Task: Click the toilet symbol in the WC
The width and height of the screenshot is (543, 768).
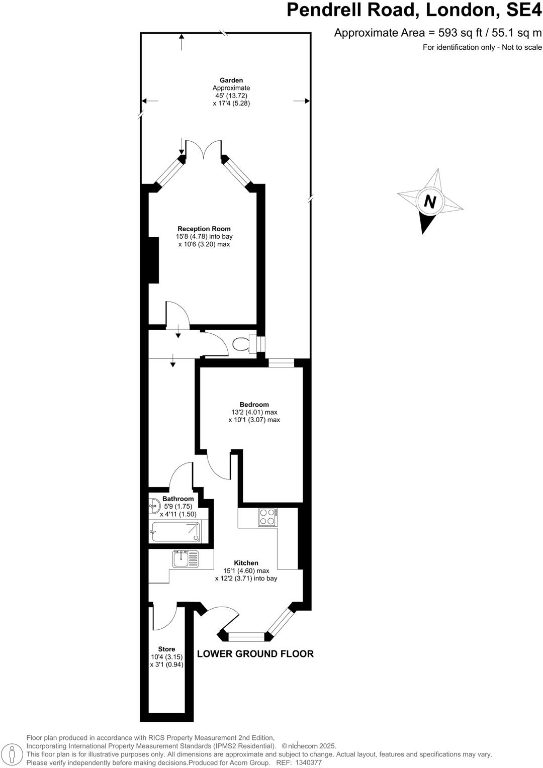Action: (242, 344)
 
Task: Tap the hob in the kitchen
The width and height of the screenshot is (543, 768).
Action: (267, 517)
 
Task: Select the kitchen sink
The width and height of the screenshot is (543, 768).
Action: (185, 558)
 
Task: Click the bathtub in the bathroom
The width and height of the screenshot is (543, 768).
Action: (176, 532)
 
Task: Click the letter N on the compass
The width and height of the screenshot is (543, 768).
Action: (430, 202)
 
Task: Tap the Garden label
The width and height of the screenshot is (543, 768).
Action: (231, 80)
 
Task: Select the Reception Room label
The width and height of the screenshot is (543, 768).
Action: (204, 229)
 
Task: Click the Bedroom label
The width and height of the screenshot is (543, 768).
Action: (254, 405)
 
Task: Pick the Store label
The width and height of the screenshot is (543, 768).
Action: (166, 649)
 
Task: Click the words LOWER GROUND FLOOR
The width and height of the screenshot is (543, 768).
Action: (255, 654)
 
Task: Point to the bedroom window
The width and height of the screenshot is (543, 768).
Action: (281, 363)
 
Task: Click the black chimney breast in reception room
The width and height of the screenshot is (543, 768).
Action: (153, 260)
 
